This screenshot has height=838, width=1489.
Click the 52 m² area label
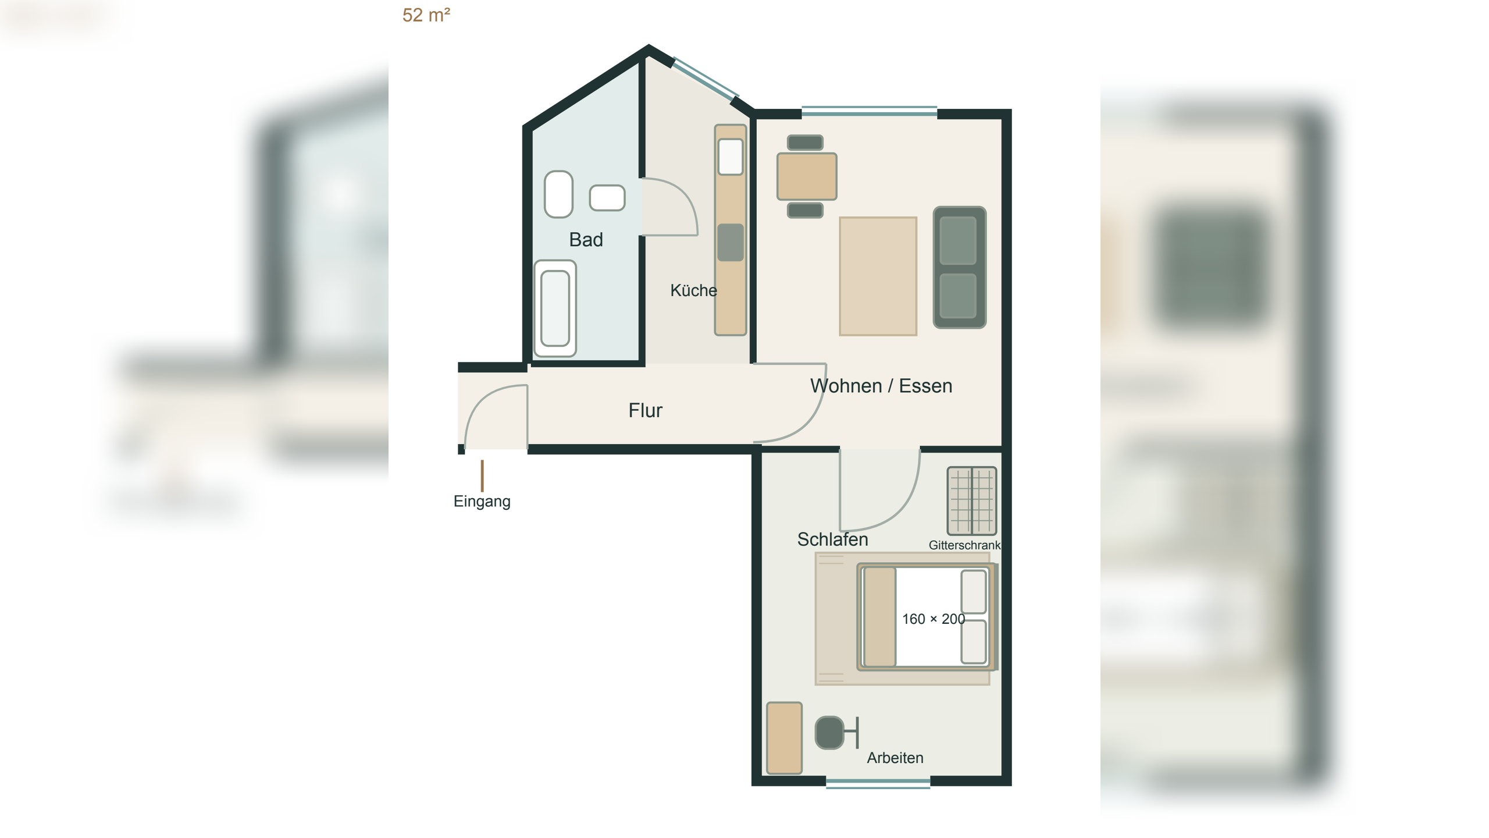426,15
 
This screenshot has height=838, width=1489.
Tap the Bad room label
586,240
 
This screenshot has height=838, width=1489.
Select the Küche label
693,290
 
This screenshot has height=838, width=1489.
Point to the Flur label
645,410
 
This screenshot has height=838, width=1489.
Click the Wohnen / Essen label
881,386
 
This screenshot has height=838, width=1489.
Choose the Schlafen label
832,539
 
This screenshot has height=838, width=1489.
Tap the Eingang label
482,502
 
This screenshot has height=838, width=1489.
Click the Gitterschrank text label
964,545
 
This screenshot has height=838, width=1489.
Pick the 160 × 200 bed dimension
933,619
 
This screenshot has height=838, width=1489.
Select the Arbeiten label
895,758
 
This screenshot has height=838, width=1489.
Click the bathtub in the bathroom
555,308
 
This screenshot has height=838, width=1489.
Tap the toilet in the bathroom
558,194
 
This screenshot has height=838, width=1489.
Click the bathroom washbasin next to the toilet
607,198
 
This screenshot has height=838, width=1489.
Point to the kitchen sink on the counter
731,157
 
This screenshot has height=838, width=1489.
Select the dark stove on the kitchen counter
731,243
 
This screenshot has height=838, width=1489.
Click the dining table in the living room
807,176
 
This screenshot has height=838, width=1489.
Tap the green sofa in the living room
959,267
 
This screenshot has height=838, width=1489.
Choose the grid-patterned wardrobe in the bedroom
971,501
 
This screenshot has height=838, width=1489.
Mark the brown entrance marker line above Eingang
482,476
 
